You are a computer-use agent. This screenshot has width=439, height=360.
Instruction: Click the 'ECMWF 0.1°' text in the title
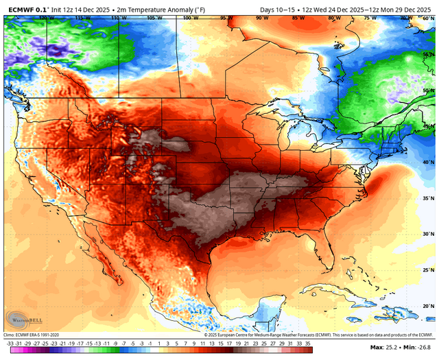pos(24,8)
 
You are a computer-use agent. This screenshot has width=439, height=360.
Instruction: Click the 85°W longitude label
pos(298,18)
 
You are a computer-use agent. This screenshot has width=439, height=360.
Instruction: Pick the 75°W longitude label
pos(371,18)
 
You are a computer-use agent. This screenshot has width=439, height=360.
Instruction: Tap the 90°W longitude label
pos(262,18)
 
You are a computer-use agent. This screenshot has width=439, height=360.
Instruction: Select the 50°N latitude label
pos(428,90)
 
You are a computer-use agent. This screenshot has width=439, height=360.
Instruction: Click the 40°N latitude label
pos(428,163)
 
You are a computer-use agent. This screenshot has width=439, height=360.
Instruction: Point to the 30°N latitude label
pos(428,235)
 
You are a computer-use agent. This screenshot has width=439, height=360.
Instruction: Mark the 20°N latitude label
pos(428,307)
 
